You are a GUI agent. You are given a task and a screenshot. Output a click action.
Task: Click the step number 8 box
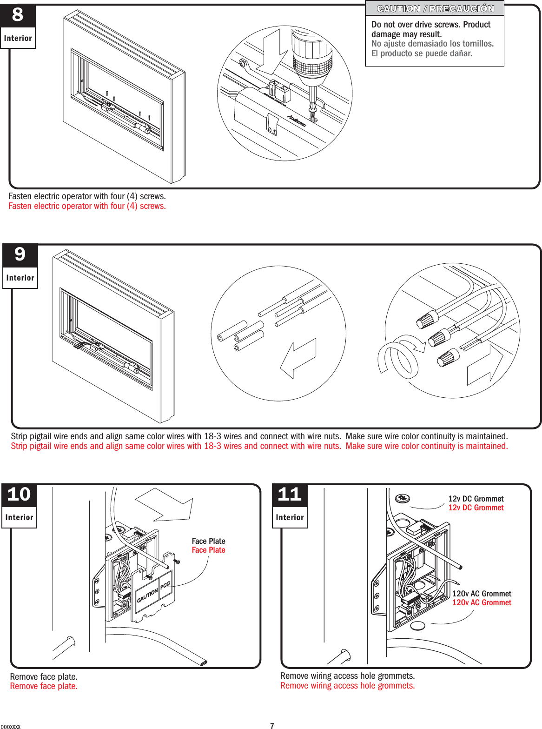[x=18, y=15]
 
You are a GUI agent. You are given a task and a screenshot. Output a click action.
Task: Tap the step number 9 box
[x=20, y=255]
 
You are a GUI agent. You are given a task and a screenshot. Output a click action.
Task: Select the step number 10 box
[x=19, y=495]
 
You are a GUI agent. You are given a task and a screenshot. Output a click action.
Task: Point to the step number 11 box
[x=290, y=495]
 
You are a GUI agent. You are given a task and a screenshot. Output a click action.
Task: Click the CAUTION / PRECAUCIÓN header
[x=435, y=9]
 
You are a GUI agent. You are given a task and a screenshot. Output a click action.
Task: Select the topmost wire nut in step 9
[x=427, y=321]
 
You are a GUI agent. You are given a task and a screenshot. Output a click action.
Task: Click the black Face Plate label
[x=208, y=541]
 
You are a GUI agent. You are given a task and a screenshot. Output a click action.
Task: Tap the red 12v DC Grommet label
[x=476, y=508]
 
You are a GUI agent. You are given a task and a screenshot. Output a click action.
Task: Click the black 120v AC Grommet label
[x=482, y=594]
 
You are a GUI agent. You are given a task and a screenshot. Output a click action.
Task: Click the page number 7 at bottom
[x=272, y=725]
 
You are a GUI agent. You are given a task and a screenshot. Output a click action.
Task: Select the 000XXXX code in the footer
[x=11, y=726]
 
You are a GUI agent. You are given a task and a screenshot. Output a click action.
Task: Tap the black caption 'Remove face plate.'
[x=44, y=676]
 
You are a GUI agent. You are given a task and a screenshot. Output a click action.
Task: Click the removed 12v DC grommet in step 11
[x=403, y=499]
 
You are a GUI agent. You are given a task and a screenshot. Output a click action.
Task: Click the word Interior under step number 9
[x=20, y=278]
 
